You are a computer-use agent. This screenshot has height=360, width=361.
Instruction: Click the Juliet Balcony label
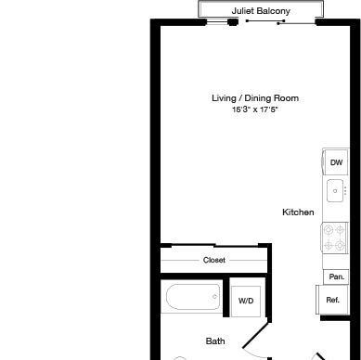click(x=261, y=11)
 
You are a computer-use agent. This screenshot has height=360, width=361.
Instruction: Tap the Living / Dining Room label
click(x=255, y=98)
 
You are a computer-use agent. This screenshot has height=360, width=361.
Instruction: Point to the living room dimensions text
click(x=255, y=109)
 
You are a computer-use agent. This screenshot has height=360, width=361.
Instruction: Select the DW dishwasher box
click(x=336, y=162)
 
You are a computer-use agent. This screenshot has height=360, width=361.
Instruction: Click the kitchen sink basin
click(x=335, y=191)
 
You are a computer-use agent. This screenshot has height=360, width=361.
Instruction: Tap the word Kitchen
click(x=298, y=212)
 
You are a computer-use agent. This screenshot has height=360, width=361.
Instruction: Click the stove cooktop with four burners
click(x=335, y=238)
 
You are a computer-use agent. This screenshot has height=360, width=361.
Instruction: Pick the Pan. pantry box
click(x=336, y=276)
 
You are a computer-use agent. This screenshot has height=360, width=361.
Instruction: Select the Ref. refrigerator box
click(x=332, y=300)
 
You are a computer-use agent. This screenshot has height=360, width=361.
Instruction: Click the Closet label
click(x=214, y=260)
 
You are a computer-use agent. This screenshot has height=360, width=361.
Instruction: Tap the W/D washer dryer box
click(x=246, y=301)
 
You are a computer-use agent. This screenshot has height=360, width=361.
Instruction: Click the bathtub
click(x=193, y=297)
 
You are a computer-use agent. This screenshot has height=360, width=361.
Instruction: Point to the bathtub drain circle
click(x=214, y=297)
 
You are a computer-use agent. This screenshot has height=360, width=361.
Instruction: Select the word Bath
click(x=215, y=341)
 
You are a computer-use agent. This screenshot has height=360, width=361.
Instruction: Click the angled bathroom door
click(x=254, y=336)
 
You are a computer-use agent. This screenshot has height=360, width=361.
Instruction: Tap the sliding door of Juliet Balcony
click(x=266, y=21)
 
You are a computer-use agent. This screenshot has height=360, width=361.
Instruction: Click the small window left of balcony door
click(x=217, y=21)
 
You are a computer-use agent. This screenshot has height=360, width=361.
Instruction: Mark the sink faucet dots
click(x=345, y=191)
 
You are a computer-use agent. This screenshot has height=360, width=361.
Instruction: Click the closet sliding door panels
click(x=214, y=246)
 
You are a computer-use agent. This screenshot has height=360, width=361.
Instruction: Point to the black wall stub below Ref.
click(x=335, y=318)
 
